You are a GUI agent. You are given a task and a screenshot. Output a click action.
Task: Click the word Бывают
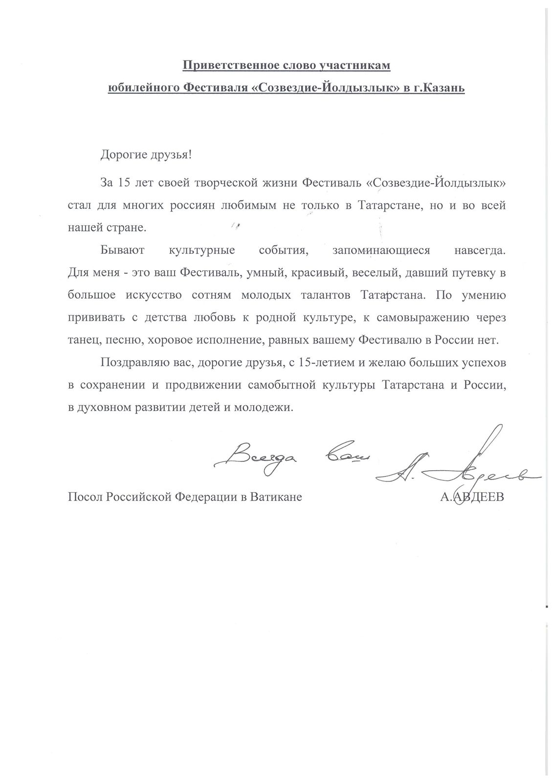coord(122,251)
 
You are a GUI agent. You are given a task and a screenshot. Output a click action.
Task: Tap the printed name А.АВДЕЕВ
coord(473,498)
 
